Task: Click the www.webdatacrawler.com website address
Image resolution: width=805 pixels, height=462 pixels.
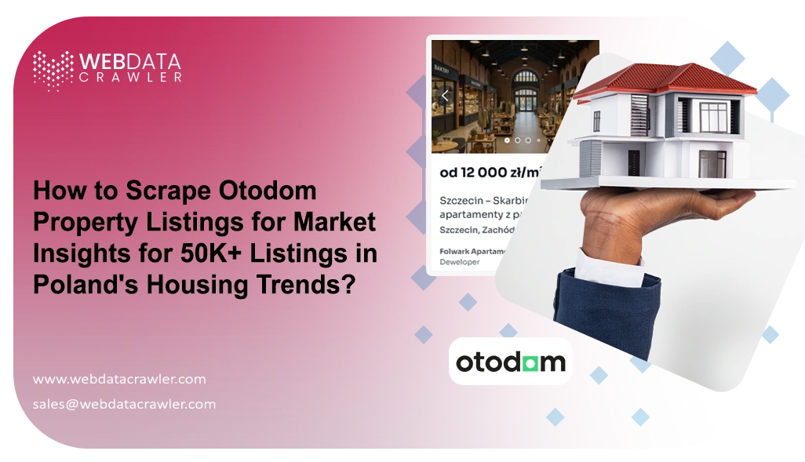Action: pyautogui.click(x=119, y=379)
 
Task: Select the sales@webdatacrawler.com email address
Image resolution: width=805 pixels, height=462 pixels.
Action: pyautogui.click(x=124, y=405)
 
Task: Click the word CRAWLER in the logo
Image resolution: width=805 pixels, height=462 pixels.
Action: pyautogui.click(x=130, y=77)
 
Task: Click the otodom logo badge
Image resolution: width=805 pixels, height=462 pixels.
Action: pyautogui.click(x=510, y=362)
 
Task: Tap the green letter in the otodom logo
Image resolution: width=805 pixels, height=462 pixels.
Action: pyautogui.click(x=534, y=362)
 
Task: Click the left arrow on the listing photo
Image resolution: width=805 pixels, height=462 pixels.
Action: pyautogui.click(x=446, y=96)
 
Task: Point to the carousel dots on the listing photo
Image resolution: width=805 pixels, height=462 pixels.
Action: pyautogui.click(x=522, y=140)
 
